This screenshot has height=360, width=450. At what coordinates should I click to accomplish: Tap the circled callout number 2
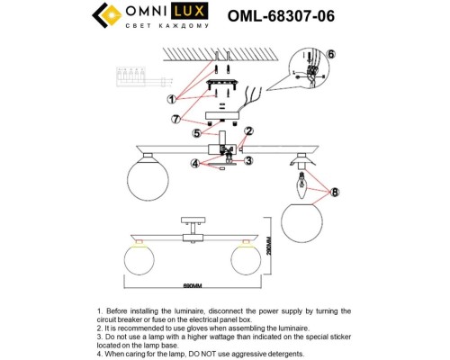251,132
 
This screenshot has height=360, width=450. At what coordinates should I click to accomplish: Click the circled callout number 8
335,191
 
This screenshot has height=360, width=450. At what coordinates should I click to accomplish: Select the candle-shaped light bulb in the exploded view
301,187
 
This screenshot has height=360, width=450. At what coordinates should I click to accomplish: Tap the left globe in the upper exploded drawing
141,171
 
